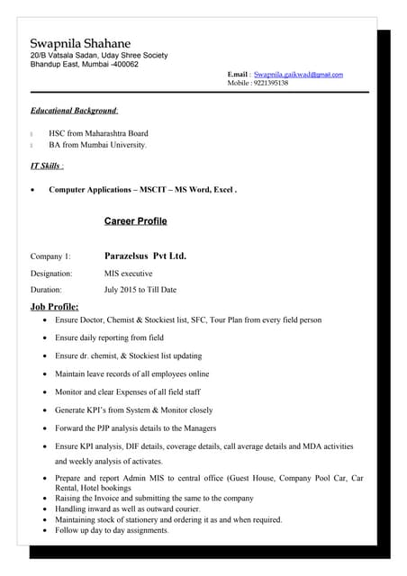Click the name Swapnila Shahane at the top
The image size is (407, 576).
[x=80, y=43]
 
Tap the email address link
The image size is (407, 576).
[x=298, y=74]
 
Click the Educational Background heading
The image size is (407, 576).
[x=74, y=111]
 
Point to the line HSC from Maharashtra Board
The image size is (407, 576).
[x=98, y=133]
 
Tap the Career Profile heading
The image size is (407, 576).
[x=135, y=221]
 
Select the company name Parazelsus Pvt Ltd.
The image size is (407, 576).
[x=145, y=256]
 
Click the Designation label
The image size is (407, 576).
[x=51, y=273]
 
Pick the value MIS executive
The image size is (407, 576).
[x=129, y=273]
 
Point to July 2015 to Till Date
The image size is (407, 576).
[x=140, y=290]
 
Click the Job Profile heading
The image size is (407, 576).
[x=55, y=308]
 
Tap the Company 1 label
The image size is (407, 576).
[x=50, y=256]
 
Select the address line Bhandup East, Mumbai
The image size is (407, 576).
[x=85, y=65]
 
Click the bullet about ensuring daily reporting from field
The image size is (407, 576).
[x=109, y=337]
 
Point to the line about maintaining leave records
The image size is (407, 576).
[x=131, y=373]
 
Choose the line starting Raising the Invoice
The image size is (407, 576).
[x=154, y=498]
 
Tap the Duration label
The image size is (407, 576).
[x=46, y=290]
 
